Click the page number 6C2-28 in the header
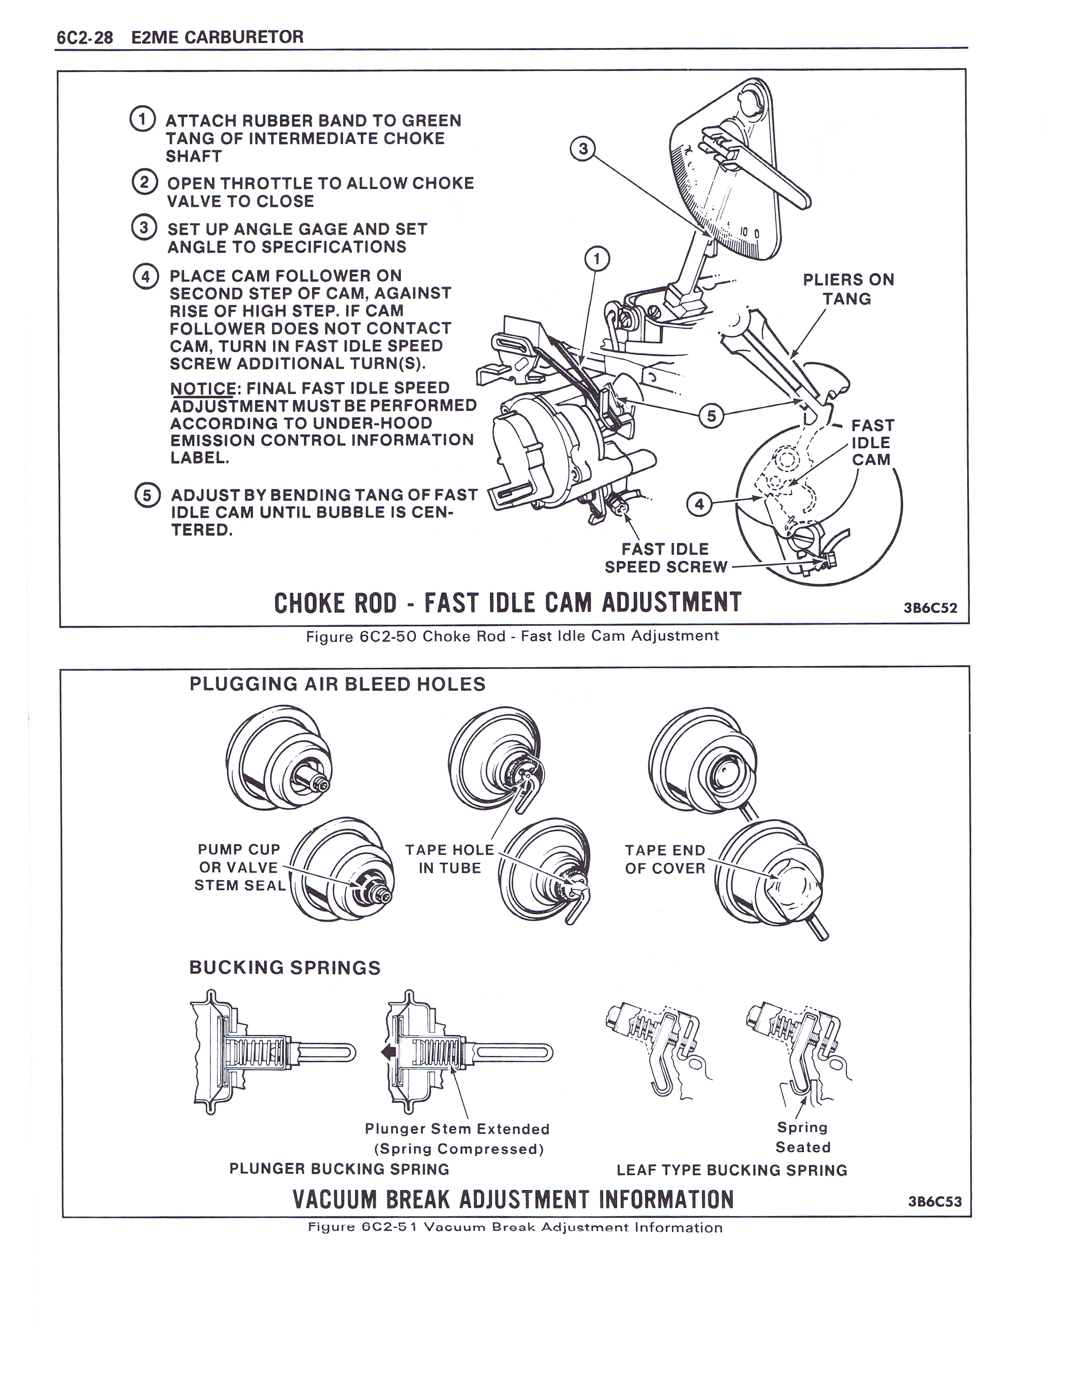85,38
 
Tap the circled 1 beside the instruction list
142,119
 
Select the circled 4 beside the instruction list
145,277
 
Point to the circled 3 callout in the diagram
583,149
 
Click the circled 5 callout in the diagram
711,416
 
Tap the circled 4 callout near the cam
699,504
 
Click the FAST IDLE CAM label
872,442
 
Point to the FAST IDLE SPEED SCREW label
666,558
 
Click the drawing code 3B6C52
930,607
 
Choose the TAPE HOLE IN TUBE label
450,859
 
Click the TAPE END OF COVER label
665,859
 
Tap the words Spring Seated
802,1137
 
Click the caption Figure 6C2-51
515,1227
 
